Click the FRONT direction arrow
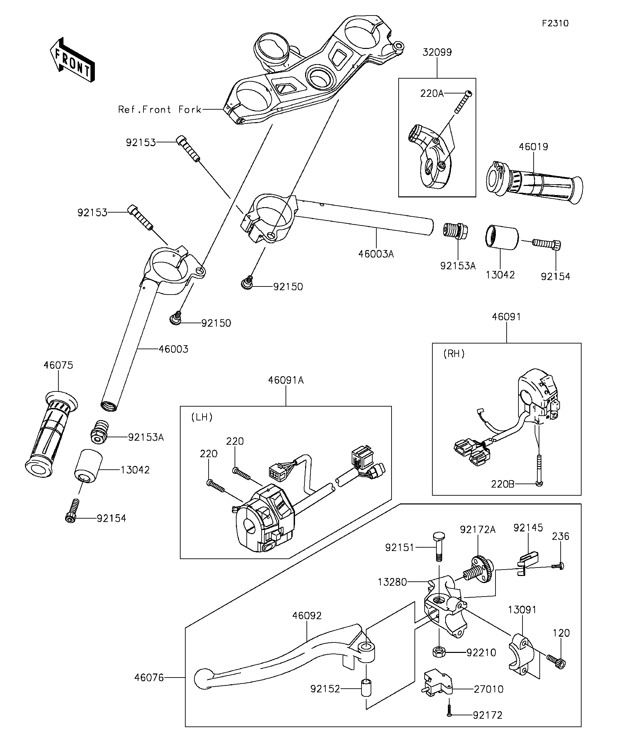point(73,60)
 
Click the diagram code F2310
point(555,23)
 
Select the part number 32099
point(437,52)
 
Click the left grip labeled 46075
point(51,434)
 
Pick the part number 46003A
point(376,254)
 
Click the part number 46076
point(149,678)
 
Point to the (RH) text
point(454,354)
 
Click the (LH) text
point(202,417)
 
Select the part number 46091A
point(286,380)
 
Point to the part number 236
point(560,536)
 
